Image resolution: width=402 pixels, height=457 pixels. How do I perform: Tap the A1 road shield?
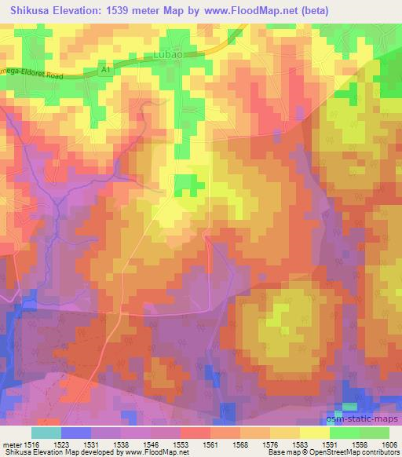click(105, 69)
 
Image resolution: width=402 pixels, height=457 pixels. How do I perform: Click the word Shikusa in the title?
click(31, 10)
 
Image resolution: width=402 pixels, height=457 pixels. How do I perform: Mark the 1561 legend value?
click(210, 444)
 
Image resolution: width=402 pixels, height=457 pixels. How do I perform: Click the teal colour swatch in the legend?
click(46, 433)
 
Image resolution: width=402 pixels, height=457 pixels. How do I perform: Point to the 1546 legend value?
click(151, 444)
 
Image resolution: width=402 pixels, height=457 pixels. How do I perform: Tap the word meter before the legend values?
click(12, 444)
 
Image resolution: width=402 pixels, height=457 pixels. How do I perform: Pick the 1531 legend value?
click(92, 444)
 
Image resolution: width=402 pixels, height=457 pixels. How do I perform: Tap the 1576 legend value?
click(269, 444)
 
